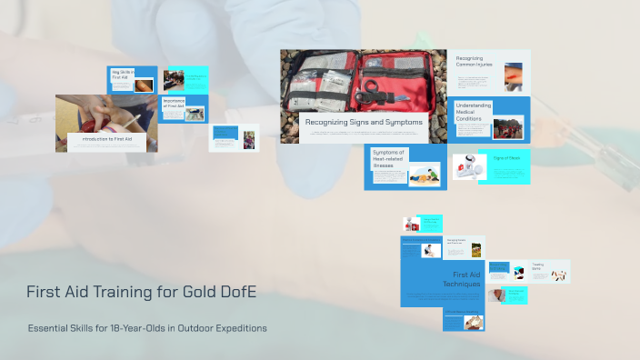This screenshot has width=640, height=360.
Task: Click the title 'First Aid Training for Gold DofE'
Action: tap(141, 292)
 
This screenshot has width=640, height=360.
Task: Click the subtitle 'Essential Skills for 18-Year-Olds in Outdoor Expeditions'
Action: tap(147, 328)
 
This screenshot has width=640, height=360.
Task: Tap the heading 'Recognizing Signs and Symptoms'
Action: tap(364, 122)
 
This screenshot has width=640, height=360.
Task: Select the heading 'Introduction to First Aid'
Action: tap(107, 139)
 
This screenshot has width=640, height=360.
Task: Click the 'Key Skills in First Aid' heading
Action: tap(123, 75)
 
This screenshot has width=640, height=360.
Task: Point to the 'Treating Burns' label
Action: tap(537, 266)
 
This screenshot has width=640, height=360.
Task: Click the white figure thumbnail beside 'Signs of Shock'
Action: tap(464, 167)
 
